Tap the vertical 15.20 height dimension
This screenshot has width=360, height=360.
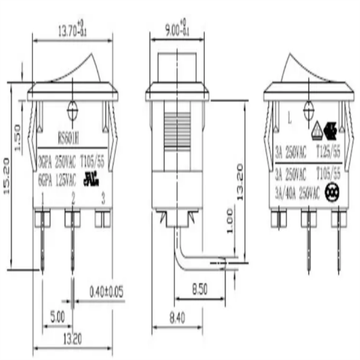point(8,175)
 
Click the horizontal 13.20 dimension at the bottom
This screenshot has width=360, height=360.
point(71,339)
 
